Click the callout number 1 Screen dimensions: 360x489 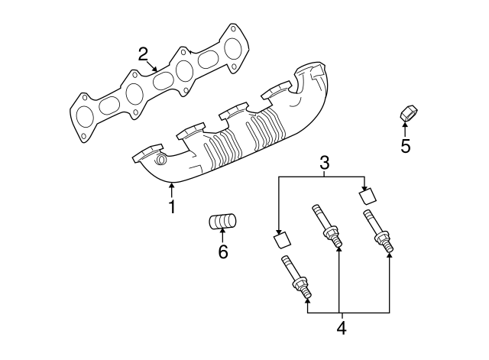173,206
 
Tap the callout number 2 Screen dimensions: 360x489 143,54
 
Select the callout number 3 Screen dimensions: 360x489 324,162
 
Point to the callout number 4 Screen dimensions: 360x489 342,329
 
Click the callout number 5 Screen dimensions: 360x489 406,145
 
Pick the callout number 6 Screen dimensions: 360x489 223,251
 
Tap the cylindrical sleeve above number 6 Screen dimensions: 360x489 223,222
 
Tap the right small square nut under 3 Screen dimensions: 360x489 369,195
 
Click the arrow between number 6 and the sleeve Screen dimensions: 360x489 223,236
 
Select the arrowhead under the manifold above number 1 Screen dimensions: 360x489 173,186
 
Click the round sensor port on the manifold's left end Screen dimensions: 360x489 161,161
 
